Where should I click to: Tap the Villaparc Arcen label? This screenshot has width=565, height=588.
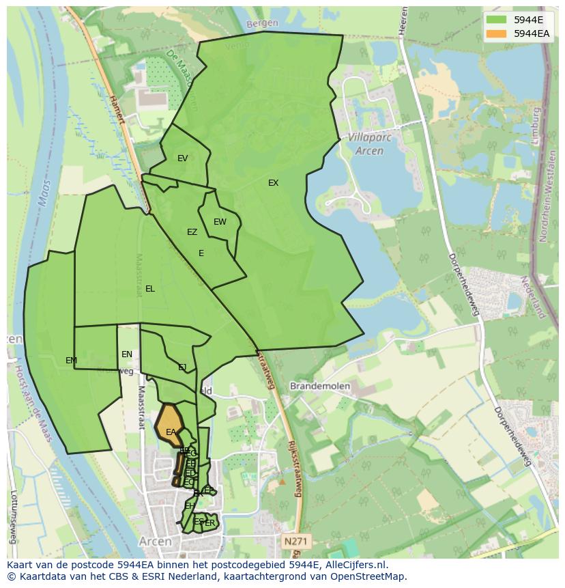tap(365, 143)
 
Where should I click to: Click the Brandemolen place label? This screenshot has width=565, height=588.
tap(320, 386)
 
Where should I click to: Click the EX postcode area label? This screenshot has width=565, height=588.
tap(273, 183)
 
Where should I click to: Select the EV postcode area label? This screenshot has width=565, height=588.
tap(182, 158)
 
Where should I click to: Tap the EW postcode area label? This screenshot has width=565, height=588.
tap(220, 222)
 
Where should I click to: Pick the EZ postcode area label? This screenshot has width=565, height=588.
tap(192, 232)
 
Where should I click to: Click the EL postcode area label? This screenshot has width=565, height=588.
tap(150, 289)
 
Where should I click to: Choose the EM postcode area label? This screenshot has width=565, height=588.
tap(71, 361)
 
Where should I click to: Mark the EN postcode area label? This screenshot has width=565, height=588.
tap(127, 354)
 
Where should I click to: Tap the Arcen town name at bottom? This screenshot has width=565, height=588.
tap(155, 541)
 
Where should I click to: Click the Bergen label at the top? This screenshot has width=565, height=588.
tap(262, 23)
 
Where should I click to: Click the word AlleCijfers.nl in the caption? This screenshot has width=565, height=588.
tap(355, 565)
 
